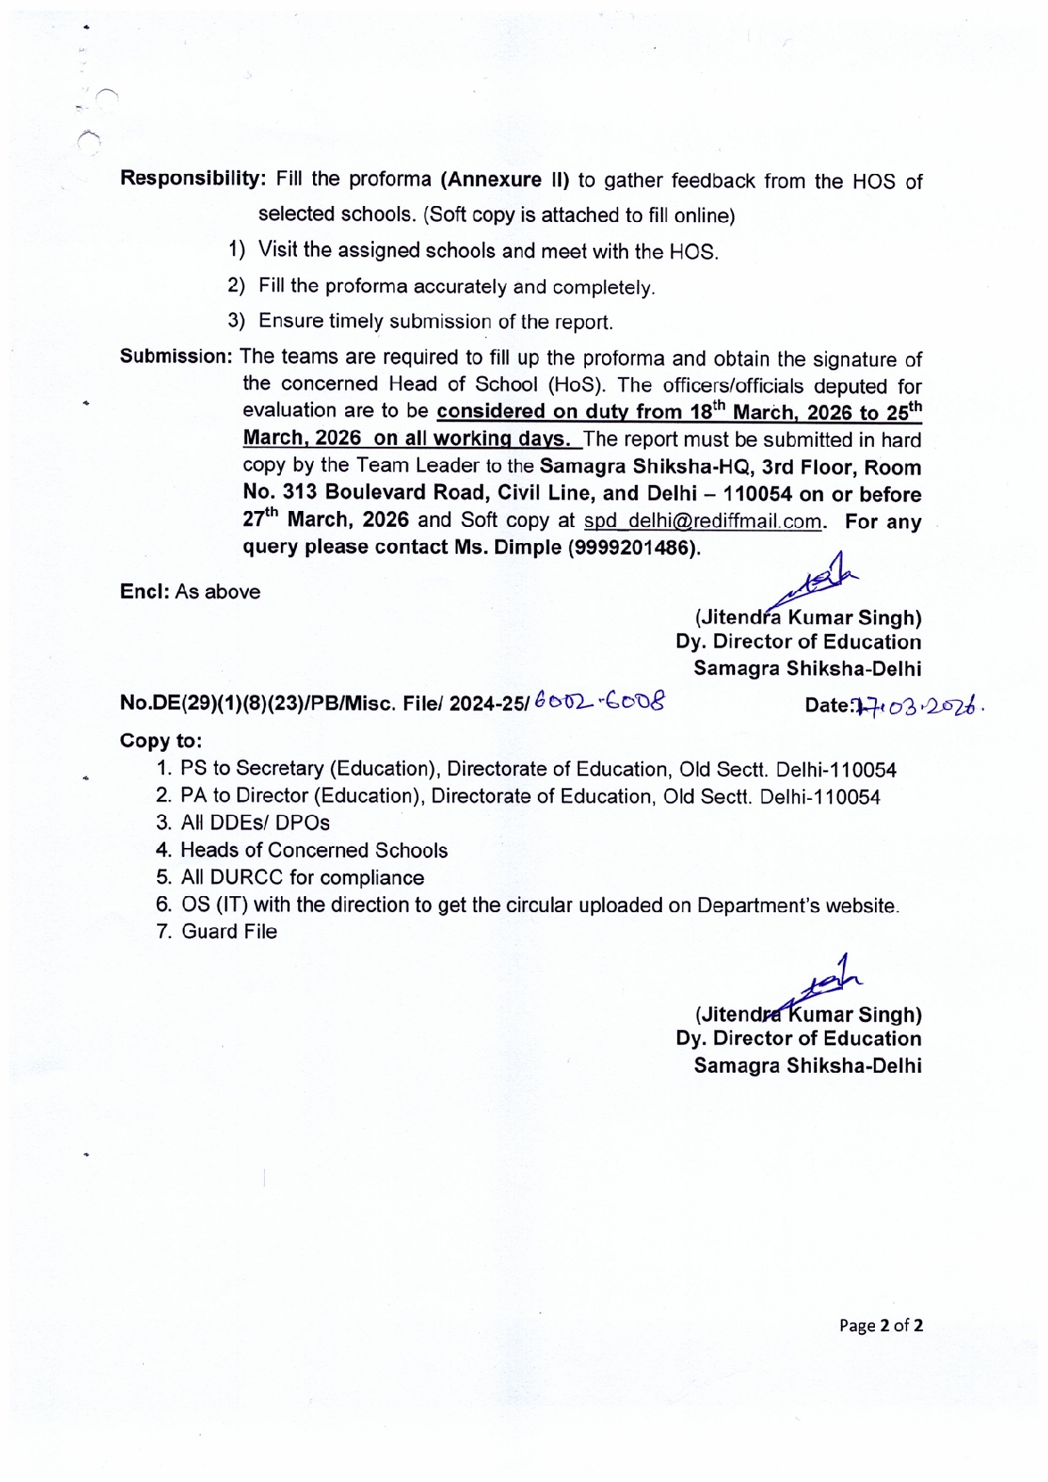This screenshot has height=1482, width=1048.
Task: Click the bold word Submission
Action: click(x=176, y=357)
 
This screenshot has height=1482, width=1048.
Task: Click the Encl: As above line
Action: click(x=190, y=592)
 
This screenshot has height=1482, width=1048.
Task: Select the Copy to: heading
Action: click(x=161, y=741)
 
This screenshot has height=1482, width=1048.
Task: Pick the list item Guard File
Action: click(x=228, y=932)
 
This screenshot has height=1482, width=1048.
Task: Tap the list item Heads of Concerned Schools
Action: click(x=313, y=851)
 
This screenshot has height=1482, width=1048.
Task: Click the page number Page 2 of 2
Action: click(x=880, y=1325)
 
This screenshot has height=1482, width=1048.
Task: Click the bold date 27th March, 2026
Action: click(x=326, y=520)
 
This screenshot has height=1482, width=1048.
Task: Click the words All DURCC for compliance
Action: click(x=301, y=878)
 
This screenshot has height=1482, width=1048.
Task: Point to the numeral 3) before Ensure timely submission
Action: click(x=235, y=321)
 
